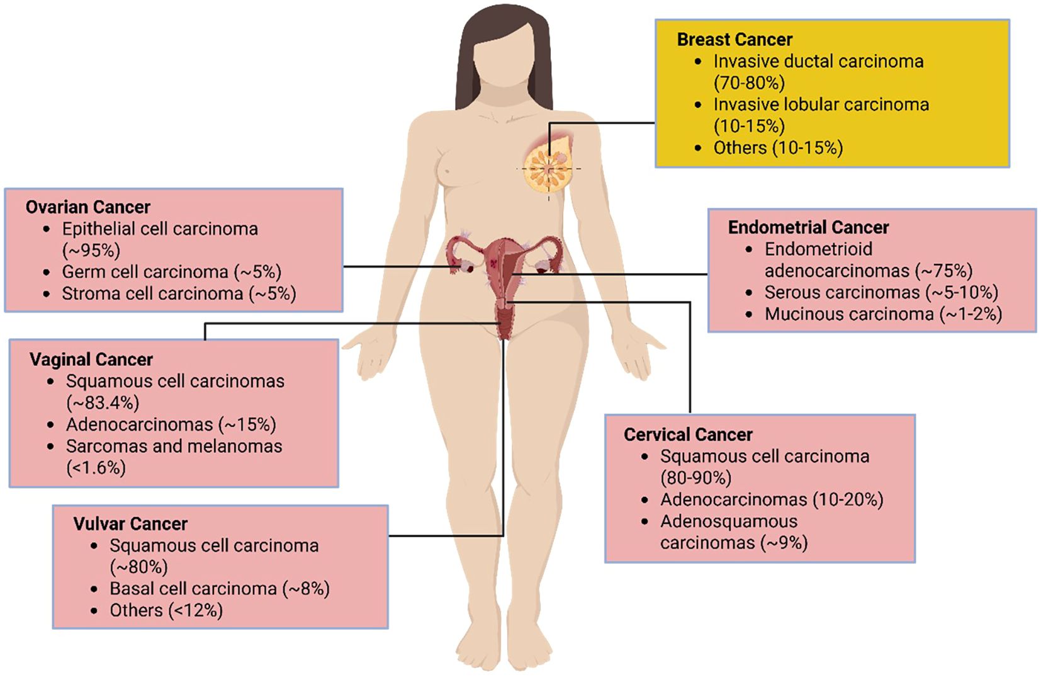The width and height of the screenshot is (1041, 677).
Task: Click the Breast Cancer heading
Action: pyautogui.click(x=734, y=40)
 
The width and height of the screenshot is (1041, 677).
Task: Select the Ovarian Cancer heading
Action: pyautogui.click(x=87, y=207)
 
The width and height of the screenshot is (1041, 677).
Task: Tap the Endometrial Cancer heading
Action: pyautogui.click(x=808, y=227)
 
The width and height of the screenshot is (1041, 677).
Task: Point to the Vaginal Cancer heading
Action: pyautogui.click(x=91, y=360)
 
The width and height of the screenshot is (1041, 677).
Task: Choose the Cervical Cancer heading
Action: pyautogui.click(x=688, y=435)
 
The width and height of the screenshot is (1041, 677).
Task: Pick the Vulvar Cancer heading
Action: pyautogui.click(x=130, y=524)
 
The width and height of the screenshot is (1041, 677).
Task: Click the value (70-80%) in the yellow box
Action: pyautogui.click(x=749, y=82)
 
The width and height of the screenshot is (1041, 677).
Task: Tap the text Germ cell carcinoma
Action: pyautogui.click(x=145, y=272)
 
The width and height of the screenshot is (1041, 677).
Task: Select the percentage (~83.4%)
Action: pyautogui.click(x=103, y=402)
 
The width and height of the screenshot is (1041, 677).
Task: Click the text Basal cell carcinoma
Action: pyautogui.click(x=193, y=589)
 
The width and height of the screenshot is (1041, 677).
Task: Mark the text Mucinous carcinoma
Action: pyautogui.click(x=849, y=314)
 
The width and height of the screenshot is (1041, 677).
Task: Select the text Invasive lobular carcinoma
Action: pyautogui.click(x=821, y=105)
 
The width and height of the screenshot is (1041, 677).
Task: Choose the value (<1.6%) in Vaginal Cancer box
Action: pyautogui.click(x=96, y=468)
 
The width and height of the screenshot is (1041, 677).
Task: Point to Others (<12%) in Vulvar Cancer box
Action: pyautogui.click(x=166, y=610)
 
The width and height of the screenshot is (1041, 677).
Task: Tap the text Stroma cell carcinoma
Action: pyautogui.click(x=152, y=293)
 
